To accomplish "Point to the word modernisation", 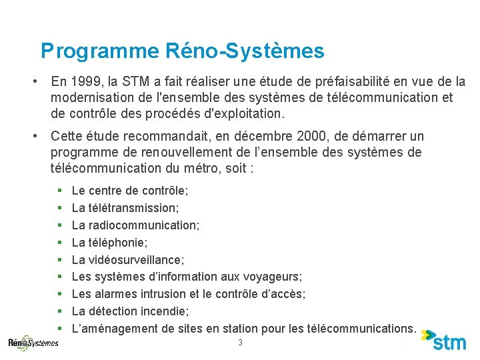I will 90,98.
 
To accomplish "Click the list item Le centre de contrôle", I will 130,191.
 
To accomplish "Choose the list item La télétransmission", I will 125,208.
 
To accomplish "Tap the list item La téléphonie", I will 110,243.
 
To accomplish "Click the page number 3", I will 240,343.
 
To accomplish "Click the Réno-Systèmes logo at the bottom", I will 33,342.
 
